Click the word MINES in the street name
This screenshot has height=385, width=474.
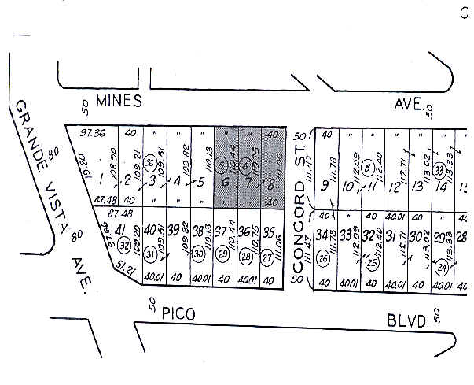pos(118,101)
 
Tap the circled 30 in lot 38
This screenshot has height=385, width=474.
pos(199,254)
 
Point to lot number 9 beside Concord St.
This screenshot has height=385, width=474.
pos(325,186)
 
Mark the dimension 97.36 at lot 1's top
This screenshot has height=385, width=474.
pos(83,133)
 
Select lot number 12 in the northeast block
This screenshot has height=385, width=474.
pos(395,187)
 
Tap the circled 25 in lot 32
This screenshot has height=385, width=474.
pos(371,262)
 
